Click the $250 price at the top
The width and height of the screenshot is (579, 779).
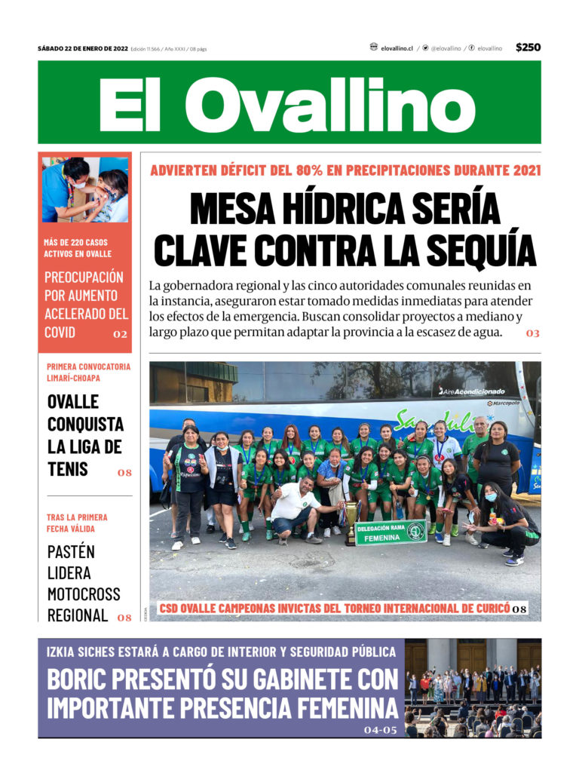point(528,48)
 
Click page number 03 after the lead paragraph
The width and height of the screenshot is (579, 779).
point(532,333)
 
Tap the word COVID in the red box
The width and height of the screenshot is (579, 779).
point(60,333)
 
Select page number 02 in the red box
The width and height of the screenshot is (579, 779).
point(120,334)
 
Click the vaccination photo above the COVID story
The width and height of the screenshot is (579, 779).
point(85,190)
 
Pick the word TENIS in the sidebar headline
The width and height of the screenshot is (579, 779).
point(68,469)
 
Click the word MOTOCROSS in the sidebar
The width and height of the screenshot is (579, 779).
point(84,594)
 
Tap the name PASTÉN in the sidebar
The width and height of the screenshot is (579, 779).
point(71,552)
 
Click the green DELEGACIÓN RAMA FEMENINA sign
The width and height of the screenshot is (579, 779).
point(390,532)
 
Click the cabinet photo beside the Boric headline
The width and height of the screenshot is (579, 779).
point(473,688)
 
